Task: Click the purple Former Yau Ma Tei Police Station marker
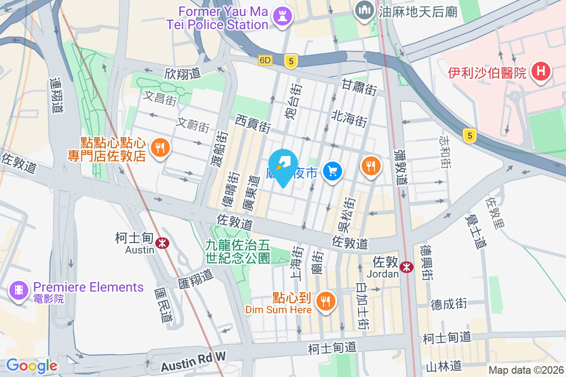pos(283,16)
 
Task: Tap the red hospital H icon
pos(541,72)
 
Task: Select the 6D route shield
pos(266,60)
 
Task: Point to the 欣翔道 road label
pos(183,73)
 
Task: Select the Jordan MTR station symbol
pos(406,267)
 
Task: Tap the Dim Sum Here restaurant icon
pos(325,300)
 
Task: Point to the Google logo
pos(32,365)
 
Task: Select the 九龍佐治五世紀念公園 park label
pos(237,251)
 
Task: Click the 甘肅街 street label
pos(359,88)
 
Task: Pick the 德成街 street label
pos(449,304)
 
